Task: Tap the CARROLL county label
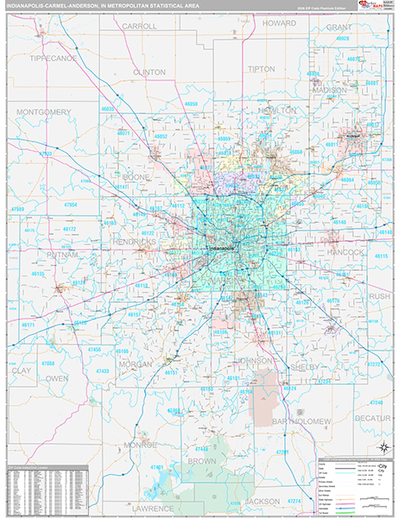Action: [x=139, y=27]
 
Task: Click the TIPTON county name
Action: [x=261, y=68]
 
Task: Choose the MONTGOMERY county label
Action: [x=43, y=112]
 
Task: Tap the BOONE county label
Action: [x=136, y=177]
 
